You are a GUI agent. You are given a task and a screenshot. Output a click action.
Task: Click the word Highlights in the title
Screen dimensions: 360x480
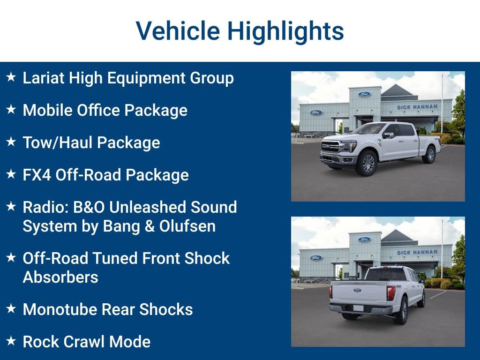coord(285,31)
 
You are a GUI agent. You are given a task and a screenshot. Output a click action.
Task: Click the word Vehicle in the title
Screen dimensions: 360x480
coord(178,31)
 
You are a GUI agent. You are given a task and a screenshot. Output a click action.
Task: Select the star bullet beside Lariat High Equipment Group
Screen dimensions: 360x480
coord(11,77)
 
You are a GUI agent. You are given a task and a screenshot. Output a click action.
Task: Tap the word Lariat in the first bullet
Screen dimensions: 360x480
coord(44,78)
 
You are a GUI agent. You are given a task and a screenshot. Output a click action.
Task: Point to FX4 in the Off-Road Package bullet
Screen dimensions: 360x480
coord(37,175)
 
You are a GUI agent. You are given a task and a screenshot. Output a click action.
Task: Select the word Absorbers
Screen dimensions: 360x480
coord(60,277)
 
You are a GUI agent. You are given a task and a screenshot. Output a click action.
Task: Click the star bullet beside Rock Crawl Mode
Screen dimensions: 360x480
coord(11,341)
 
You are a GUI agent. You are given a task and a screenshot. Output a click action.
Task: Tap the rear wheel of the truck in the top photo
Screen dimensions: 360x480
coord(429,155)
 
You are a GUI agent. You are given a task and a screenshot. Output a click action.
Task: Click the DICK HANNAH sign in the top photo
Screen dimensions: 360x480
coord(417,107)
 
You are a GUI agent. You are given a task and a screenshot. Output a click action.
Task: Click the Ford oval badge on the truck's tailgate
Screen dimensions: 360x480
coord(358,290)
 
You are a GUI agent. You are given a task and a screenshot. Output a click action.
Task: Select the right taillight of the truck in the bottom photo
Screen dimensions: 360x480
coord(391,292)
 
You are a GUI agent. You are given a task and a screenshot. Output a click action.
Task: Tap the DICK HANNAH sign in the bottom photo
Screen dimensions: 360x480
coord(417,252)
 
